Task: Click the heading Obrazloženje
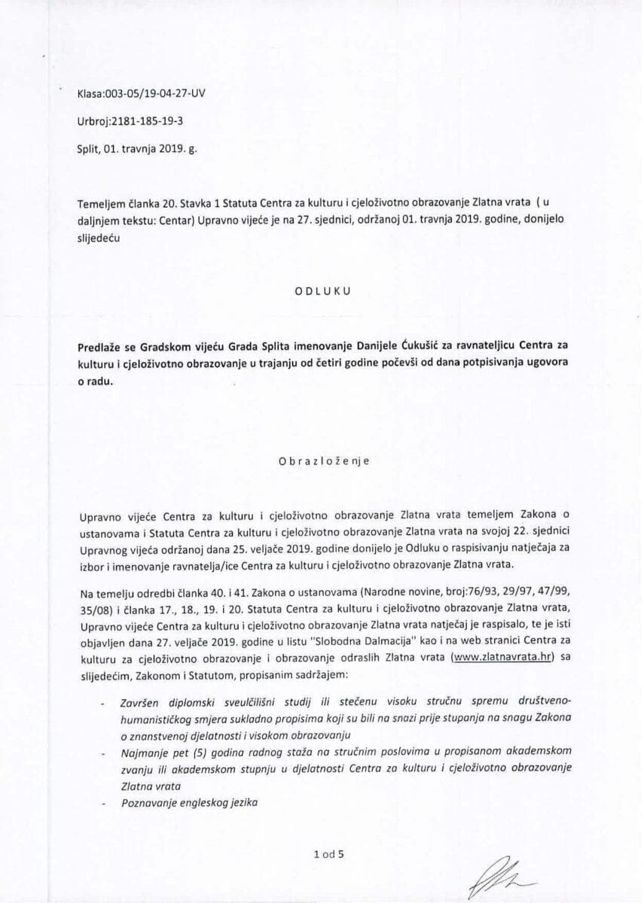point(322,462)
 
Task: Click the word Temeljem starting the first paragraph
point(103,202)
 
